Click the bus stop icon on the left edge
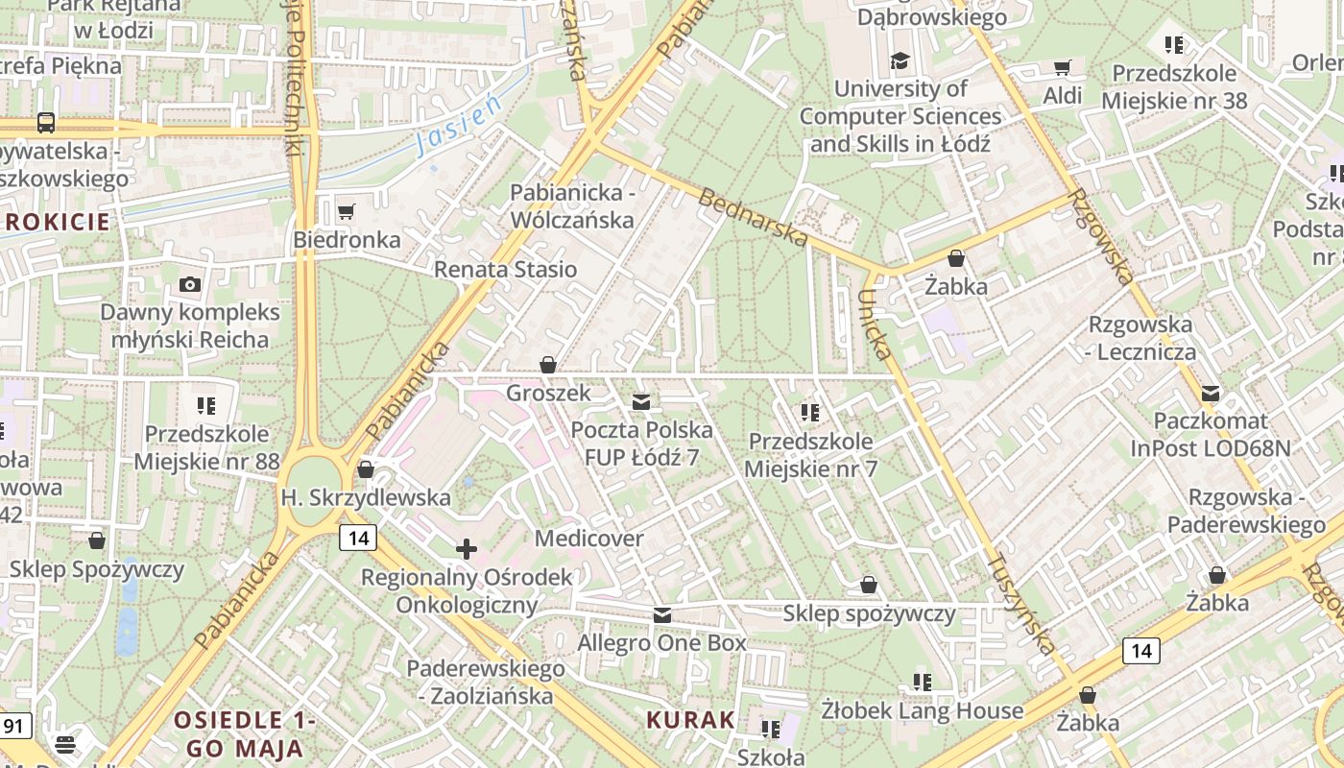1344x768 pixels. [x=45, y=123]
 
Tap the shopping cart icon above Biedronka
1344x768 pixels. [x=347, y=210]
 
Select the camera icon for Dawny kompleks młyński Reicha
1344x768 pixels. [x=190, y=284]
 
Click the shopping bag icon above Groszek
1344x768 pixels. [x=548, y=365]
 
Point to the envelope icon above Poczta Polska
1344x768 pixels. [x=641, y=401]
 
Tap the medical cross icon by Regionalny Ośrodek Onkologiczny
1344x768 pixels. [x=467, y=549]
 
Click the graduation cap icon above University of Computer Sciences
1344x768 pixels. [x=900, y=61]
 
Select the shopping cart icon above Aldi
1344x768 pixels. [x=1063, y=67]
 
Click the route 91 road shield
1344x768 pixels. [x=14, y=725]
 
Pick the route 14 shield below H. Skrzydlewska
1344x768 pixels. [x=359, y=538]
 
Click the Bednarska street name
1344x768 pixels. [x=754, y=218]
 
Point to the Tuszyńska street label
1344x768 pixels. [x=1021, y=604]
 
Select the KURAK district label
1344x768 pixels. [x=690, y=719]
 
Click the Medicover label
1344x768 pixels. [x=589, y=539]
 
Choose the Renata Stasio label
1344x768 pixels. [x=506, y=269]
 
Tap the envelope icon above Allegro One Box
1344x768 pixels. [x=662, y=615]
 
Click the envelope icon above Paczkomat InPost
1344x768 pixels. [x=1211, y=393]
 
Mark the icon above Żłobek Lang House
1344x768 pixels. [x=923, y=682]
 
